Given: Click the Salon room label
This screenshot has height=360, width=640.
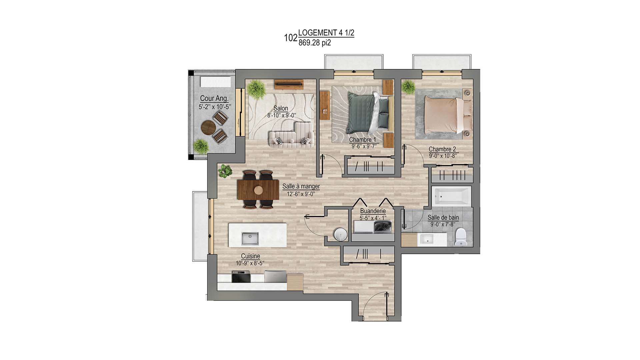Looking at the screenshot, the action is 281,108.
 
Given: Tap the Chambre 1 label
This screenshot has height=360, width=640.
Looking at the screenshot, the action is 363,140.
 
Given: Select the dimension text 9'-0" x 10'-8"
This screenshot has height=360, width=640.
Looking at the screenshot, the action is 442,156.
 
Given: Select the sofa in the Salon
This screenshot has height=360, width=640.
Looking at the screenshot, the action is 291,135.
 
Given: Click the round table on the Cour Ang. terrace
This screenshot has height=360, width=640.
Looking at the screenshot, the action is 209,127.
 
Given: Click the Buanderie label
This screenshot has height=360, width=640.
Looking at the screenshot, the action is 373,211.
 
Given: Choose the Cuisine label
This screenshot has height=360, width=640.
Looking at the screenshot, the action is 250,256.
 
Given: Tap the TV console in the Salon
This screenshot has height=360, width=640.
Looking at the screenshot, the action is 289,84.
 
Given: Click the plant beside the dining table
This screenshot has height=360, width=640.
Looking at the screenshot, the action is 226,171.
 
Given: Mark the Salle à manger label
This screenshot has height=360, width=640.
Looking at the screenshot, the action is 301,186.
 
